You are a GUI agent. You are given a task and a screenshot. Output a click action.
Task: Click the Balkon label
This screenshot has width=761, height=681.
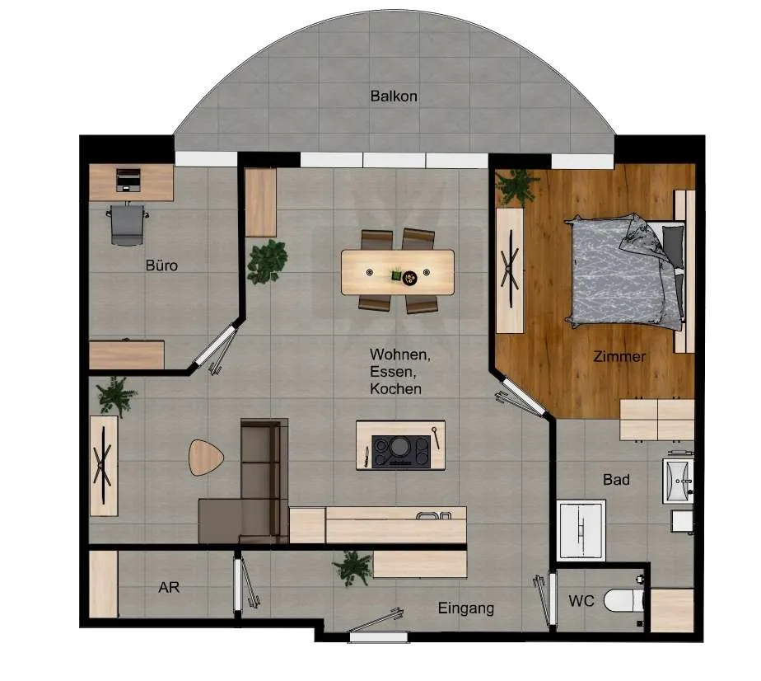click(394, 96)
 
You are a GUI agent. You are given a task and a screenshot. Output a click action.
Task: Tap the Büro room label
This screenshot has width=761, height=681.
click(161, 265)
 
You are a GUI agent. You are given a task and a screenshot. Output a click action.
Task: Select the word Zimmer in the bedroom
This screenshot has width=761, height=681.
click(619, 356)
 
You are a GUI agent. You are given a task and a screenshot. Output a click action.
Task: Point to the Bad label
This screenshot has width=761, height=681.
click(616, 479)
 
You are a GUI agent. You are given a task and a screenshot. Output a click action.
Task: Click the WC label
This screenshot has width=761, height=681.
click(581, 601)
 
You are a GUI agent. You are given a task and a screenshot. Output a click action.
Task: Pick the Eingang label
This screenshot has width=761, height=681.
click(466, 608)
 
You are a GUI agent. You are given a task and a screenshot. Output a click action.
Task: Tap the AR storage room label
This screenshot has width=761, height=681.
click(169, 587)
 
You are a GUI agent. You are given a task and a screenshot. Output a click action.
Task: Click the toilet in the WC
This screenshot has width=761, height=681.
click(624, 601)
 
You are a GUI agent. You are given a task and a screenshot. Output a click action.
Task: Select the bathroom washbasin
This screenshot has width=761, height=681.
click(678, 481)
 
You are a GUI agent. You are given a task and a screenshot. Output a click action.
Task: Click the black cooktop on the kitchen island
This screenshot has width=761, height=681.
click(401, 452)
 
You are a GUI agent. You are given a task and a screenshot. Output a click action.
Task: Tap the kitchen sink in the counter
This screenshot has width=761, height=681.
click(433, 515)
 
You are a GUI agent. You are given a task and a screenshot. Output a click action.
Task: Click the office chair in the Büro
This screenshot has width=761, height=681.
click(127, 224)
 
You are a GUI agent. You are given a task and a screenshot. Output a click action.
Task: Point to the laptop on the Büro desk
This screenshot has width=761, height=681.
click(128, 180)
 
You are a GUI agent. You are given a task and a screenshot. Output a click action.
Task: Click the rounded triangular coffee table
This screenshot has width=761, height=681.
click(205, 457)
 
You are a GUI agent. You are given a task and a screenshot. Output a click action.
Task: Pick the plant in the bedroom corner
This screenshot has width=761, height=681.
click(517, 186)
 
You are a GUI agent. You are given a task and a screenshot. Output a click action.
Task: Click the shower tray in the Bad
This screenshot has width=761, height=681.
click(581, 530)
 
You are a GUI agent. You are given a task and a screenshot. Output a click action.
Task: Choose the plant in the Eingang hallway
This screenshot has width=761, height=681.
click(352, 567)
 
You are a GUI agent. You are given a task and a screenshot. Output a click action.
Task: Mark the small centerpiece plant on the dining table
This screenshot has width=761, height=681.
click(397, 275)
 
